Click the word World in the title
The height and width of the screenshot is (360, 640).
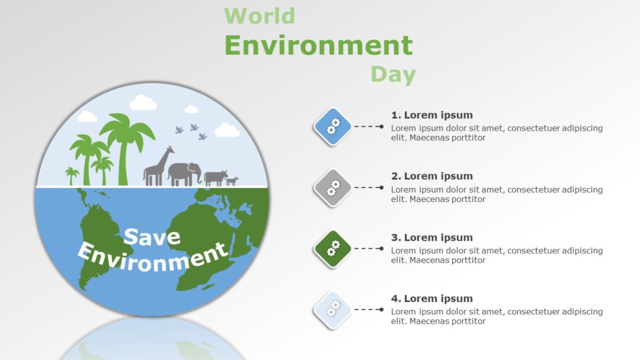click(259, 16)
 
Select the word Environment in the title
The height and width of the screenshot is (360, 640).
click(318, 46)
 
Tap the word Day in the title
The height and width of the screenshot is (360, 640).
click(393, 75)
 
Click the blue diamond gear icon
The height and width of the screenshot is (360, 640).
click(332, 126)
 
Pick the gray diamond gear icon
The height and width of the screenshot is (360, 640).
click(332, 187)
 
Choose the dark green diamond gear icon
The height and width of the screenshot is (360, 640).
click(332, 249)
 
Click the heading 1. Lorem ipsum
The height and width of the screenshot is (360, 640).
click(432, 115)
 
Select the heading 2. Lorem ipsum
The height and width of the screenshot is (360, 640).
click(432, 176)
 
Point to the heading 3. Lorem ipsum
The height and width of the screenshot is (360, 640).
click(432, 237)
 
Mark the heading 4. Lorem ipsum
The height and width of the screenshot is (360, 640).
click(432, 299)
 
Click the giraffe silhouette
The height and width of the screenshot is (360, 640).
click(157, 167)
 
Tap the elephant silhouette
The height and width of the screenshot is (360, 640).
click(185, 174)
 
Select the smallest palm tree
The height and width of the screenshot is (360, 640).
click(72, 175)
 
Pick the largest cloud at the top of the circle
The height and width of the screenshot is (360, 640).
click(143, 102)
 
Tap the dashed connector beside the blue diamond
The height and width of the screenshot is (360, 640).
click(369, 126)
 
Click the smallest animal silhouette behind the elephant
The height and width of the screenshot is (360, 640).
click(232, 181)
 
